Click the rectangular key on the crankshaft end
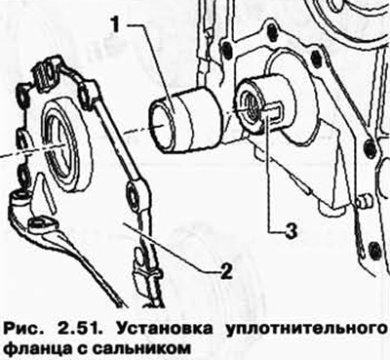(x=273, y=111)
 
